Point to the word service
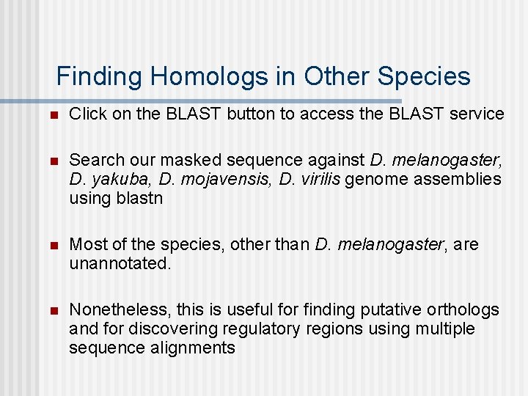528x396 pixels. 477,114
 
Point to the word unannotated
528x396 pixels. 120,263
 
